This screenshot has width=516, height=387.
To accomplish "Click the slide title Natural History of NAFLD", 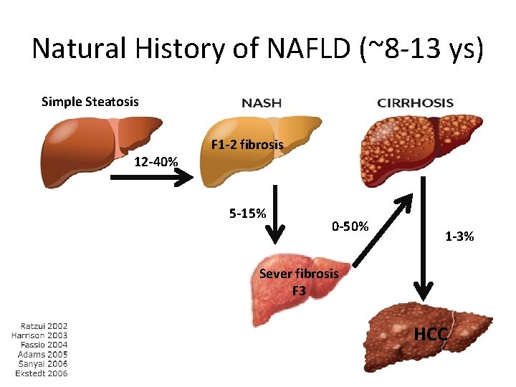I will (258, 48).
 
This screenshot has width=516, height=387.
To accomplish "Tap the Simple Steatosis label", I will (90, 101).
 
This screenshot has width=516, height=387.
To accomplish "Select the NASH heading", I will (262, 102).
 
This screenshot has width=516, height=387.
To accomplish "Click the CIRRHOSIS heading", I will (415, 102).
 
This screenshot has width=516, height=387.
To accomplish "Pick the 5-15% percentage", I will (247, 213).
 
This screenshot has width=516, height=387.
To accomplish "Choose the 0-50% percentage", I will (350, 226).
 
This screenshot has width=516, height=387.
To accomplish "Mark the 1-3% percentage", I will (459, 236).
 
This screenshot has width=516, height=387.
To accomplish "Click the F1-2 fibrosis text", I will (247, 145).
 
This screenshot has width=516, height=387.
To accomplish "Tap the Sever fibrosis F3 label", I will (299, 282).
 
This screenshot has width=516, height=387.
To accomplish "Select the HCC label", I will (431, 335).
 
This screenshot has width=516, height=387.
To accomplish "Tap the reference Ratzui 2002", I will (39, 325).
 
